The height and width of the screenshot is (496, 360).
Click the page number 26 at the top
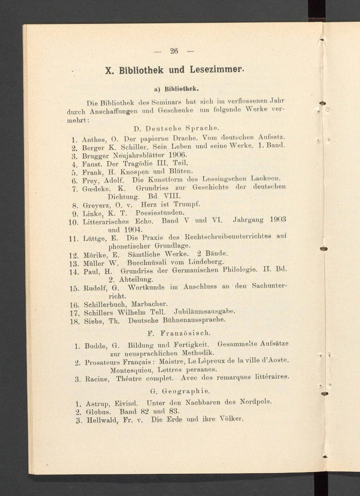pos(174,51)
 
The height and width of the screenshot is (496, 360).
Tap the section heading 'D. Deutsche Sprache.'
pos(176,128)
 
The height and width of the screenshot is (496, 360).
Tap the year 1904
pos(134,229)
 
